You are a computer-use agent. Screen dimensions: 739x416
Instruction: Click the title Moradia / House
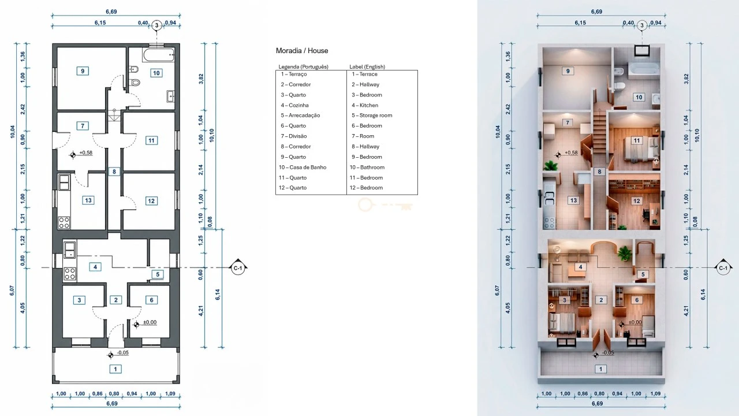302,51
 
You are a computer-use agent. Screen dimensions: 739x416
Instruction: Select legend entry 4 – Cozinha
294,105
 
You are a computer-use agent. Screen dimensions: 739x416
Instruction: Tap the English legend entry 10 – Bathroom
367,168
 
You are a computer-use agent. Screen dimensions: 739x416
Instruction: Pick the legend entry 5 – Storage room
372,116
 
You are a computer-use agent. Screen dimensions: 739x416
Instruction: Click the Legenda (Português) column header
304,66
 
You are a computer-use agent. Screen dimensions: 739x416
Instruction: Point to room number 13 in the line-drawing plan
88,200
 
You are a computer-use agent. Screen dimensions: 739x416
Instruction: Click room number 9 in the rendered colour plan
568,71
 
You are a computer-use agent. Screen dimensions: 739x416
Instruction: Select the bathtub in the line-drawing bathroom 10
159,54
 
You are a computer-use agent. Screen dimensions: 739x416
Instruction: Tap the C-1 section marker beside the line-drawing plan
238,268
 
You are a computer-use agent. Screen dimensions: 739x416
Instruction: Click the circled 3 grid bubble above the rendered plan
641,25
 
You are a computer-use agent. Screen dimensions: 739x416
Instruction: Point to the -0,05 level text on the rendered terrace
608,352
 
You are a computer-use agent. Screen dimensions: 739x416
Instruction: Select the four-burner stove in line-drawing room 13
64,222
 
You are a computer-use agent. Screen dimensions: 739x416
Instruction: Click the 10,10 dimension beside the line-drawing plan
212,135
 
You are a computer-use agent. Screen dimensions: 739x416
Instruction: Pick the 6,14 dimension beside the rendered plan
703,295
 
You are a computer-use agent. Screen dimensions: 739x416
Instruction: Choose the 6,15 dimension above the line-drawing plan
100,23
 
